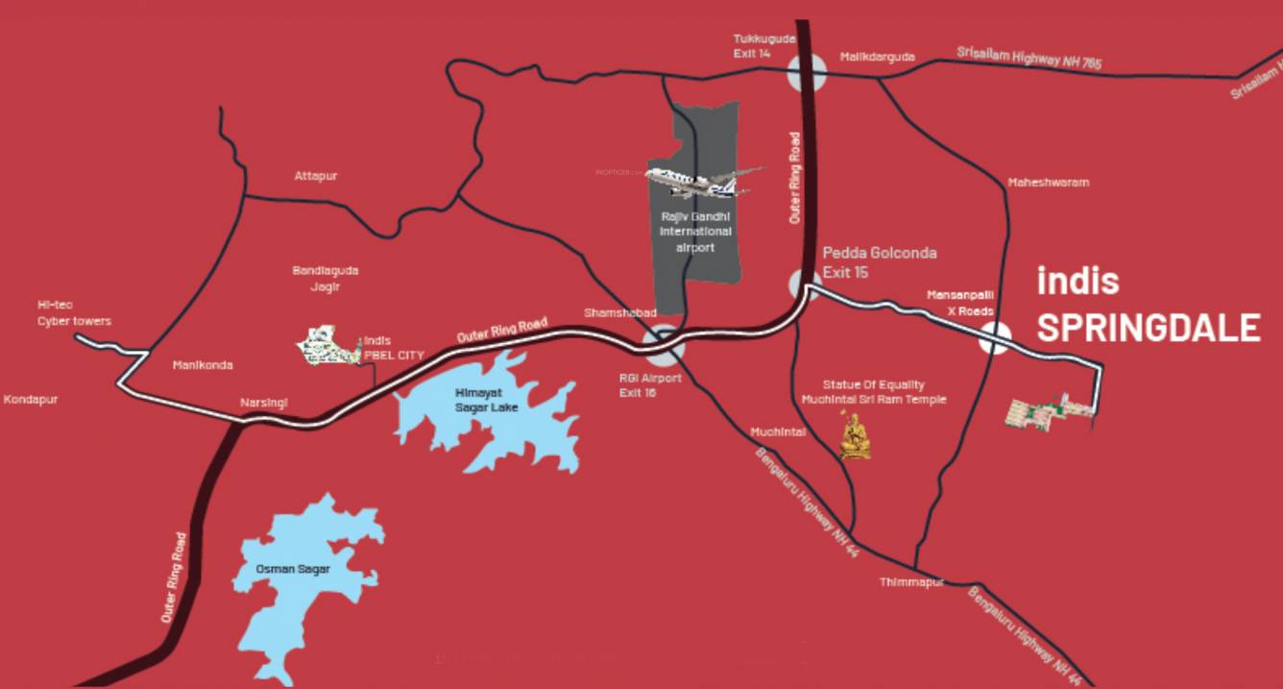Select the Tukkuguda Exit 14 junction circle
[806, 72]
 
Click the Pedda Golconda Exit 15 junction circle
[806, 284]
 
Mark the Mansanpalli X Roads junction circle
[996, 338]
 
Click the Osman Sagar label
[293, 569]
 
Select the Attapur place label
[316, 176]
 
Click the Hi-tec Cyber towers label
[74, 312]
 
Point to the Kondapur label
[31, 399]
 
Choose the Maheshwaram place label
[1048, 182]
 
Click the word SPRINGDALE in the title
[1148, 328]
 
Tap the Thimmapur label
[911, 582]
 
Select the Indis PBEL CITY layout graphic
[326, 346]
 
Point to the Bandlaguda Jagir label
[325, 279]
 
